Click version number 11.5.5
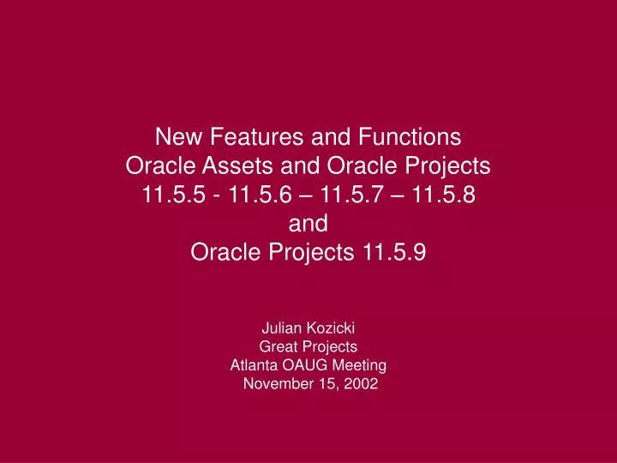pyautogui.click(x=176, y=195)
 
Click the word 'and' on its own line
pyautogui.click(x=308, y=224)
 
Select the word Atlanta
pyautogui.click(x=254, y=365)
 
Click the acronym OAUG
pyautogui.click(x=308, y=365)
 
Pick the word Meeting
pyautogui.click(x=362, y=365)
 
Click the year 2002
pyautogui.click(x=360, y=384)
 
